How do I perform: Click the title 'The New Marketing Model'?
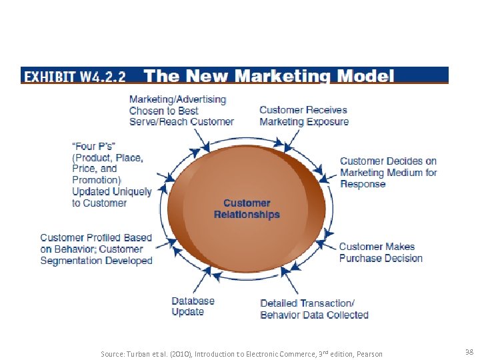(x=269, y=75)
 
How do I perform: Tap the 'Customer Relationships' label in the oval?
(x=247, y=209)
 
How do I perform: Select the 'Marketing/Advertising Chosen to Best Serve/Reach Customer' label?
(x=181, y=111)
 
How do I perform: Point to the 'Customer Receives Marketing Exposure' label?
(x=303, y=115)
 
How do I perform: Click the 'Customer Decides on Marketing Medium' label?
(x=388, y=172)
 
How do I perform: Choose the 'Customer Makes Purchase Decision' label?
(x=381, y=253)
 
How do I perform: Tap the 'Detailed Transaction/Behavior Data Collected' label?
(x=314, y=309)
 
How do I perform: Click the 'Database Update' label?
(x=193, y=306)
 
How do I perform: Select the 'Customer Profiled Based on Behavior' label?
(x=96, y=249)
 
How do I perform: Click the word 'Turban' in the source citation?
(x=138, y=353)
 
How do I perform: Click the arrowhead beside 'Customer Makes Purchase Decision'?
(x=321, y=244)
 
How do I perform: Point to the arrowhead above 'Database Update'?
(x=215, y=272)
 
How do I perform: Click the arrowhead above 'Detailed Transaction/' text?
(x=285, y=271)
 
